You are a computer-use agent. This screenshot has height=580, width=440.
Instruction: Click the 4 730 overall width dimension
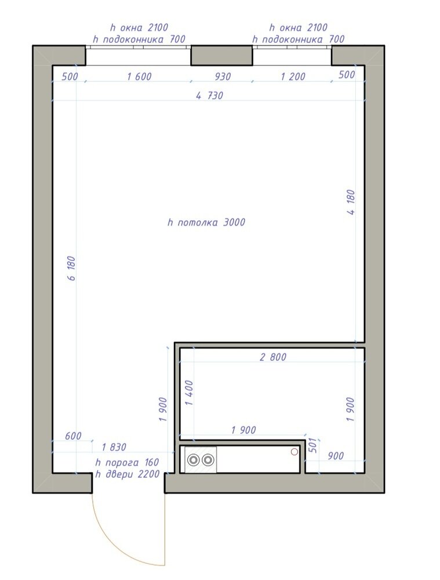pos(209,96)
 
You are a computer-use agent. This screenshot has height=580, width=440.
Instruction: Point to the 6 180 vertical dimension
pos(72,268)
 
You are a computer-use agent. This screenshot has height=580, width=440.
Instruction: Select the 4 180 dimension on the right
pos(351,202)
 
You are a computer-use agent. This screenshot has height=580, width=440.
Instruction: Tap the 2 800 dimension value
pos(273,357)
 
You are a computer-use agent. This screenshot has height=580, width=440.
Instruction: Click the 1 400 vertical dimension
pos(190,393)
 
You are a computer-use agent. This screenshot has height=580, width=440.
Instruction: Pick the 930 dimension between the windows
pos(223,76)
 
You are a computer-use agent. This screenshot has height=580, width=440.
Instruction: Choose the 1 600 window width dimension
pos(139,76)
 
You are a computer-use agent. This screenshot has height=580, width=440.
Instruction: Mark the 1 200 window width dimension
pos(293,76)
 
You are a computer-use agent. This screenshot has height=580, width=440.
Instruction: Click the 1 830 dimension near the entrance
pos(114,447)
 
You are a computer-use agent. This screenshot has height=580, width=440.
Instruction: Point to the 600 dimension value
pos(73,436)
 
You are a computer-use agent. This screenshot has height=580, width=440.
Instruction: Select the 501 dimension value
pos(312,445)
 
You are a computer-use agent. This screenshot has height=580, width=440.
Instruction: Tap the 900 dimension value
pos(336,456)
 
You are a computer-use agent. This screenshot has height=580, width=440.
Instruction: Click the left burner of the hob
pos(193,460)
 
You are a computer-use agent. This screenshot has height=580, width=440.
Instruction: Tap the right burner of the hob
pos(208,460)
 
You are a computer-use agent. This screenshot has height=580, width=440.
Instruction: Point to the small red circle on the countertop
pos(294,451)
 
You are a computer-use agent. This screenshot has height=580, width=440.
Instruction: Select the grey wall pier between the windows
pos(221,56)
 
